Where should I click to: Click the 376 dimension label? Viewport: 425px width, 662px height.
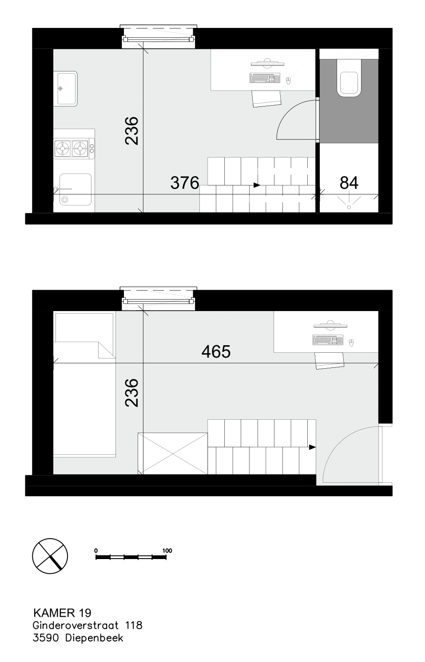coord(185,183)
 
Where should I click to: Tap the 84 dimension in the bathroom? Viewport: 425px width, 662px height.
coord(349,183)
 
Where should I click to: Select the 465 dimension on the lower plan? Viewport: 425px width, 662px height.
coord(216,351)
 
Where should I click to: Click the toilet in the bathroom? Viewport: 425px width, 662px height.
coord(349,78)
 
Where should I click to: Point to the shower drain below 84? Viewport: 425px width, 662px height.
coord(349,207)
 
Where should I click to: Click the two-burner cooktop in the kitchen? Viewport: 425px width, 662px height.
coord(74,148)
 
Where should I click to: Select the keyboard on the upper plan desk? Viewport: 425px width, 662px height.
coord(265,78)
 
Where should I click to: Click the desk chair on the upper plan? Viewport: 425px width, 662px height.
coord(266,99)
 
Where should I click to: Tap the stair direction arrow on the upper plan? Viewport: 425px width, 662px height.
coord(257,185)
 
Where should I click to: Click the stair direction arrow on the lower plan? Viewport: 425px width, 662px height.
coord(312,447)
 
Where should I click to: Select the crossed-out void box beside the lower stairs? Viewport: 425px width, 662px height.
coord(173,453)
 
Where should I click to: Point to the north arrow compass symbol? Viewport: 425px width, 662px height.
coord(50,556)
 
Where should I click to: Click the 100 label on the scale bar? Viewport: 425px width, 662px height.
coord(167,551)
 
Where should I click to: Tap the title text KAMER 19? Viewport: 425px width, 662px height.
coord(63,613)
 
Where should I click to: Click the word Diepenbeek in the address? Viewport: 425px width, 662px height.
coord(94,638)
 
